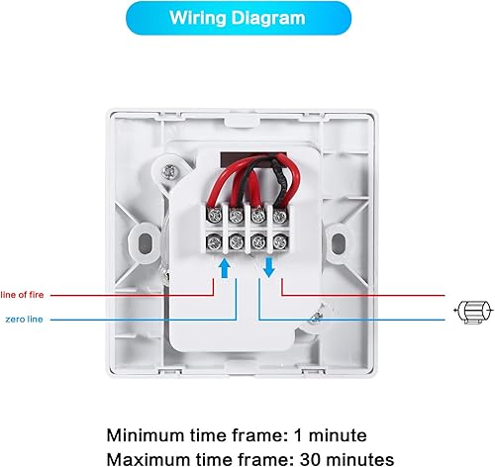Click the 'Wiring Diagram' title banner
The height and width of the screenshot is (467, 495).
pos(239,18)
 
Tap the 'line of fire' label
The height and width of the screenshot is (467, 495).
pos(22,295)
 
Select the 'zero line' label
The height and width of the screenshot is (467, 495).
pos(24,320)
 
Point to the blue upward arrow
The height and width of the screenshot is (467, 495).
pos(225,267)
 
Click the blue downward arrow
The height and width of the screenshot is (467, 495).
pos(269,267)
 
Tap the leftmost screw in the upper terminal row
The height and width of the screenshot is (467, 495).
pos(214,216)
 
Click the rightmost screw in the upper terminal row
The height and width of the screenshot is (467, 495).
pos(280,216)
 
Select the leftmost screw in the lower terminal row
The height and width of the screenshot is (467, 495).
pos(214,242)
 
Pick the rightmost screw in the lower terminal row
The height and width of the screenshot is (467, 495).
pos(280,241)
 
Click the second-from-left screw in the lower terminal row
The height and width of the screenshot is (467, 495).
pos(237,242)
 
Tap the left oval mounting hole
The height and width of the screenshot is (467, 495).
pos(145,242)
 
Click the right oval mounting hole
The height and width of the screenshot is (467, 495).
pos(338,243)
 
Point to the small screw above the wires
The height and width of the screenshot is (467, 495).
pos(169,172)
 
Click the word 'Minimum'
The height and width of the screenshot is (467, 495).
pos(146,435)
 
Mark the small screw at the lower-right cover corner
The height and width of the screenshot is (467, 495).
pos(316,318)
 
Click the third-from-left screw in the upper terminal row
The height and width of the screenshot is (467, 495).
pos(258,216)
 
